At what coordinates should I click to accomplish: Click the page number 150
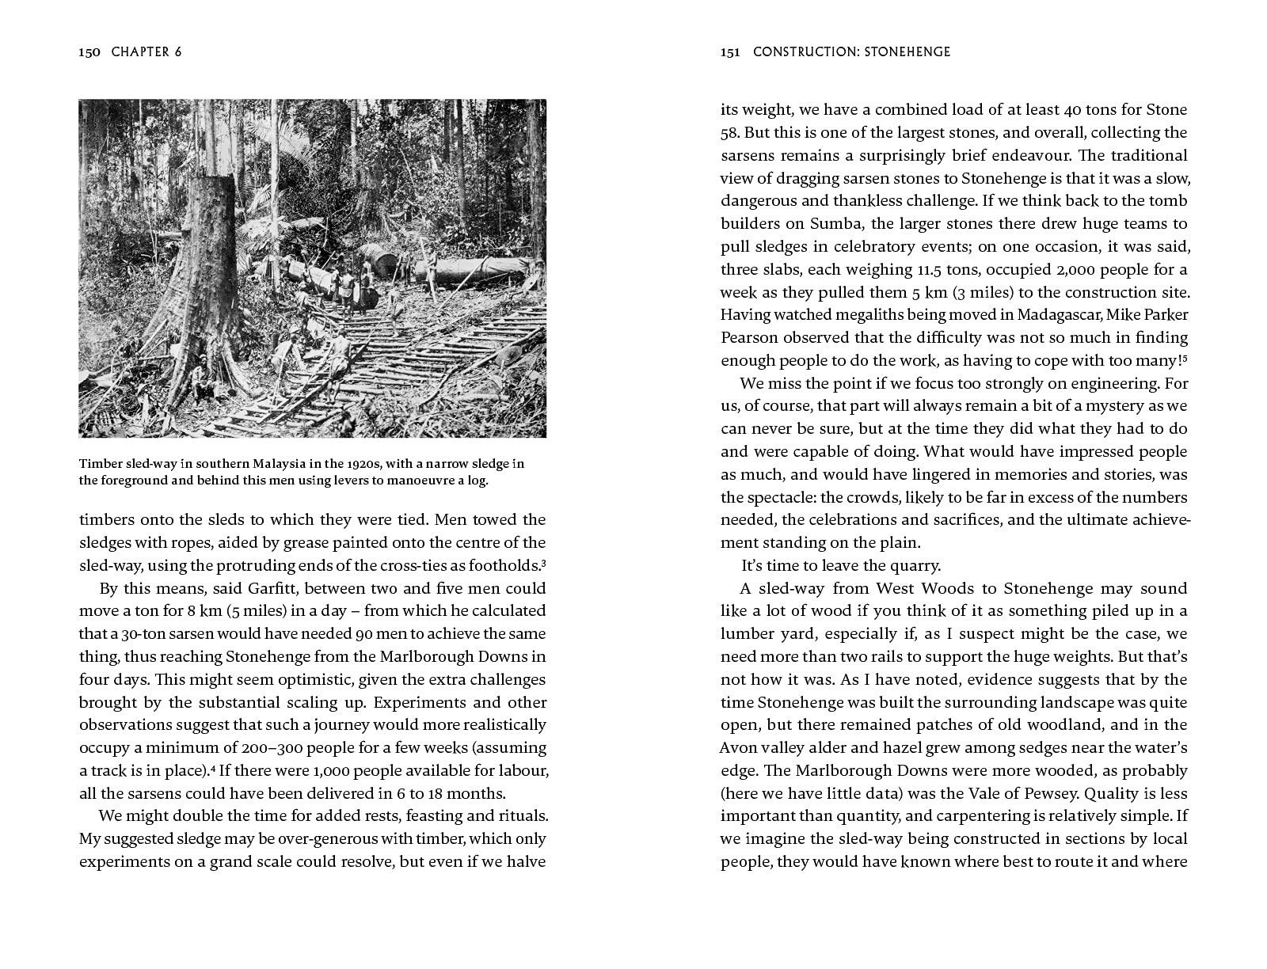pos(89,52)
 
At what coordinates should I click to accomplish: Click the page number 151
pos(730,52)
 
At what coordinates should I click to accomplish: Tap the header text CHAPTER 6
pos(146,52)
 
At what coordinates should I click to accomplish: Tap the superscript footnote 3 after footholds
pos(543,562)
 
